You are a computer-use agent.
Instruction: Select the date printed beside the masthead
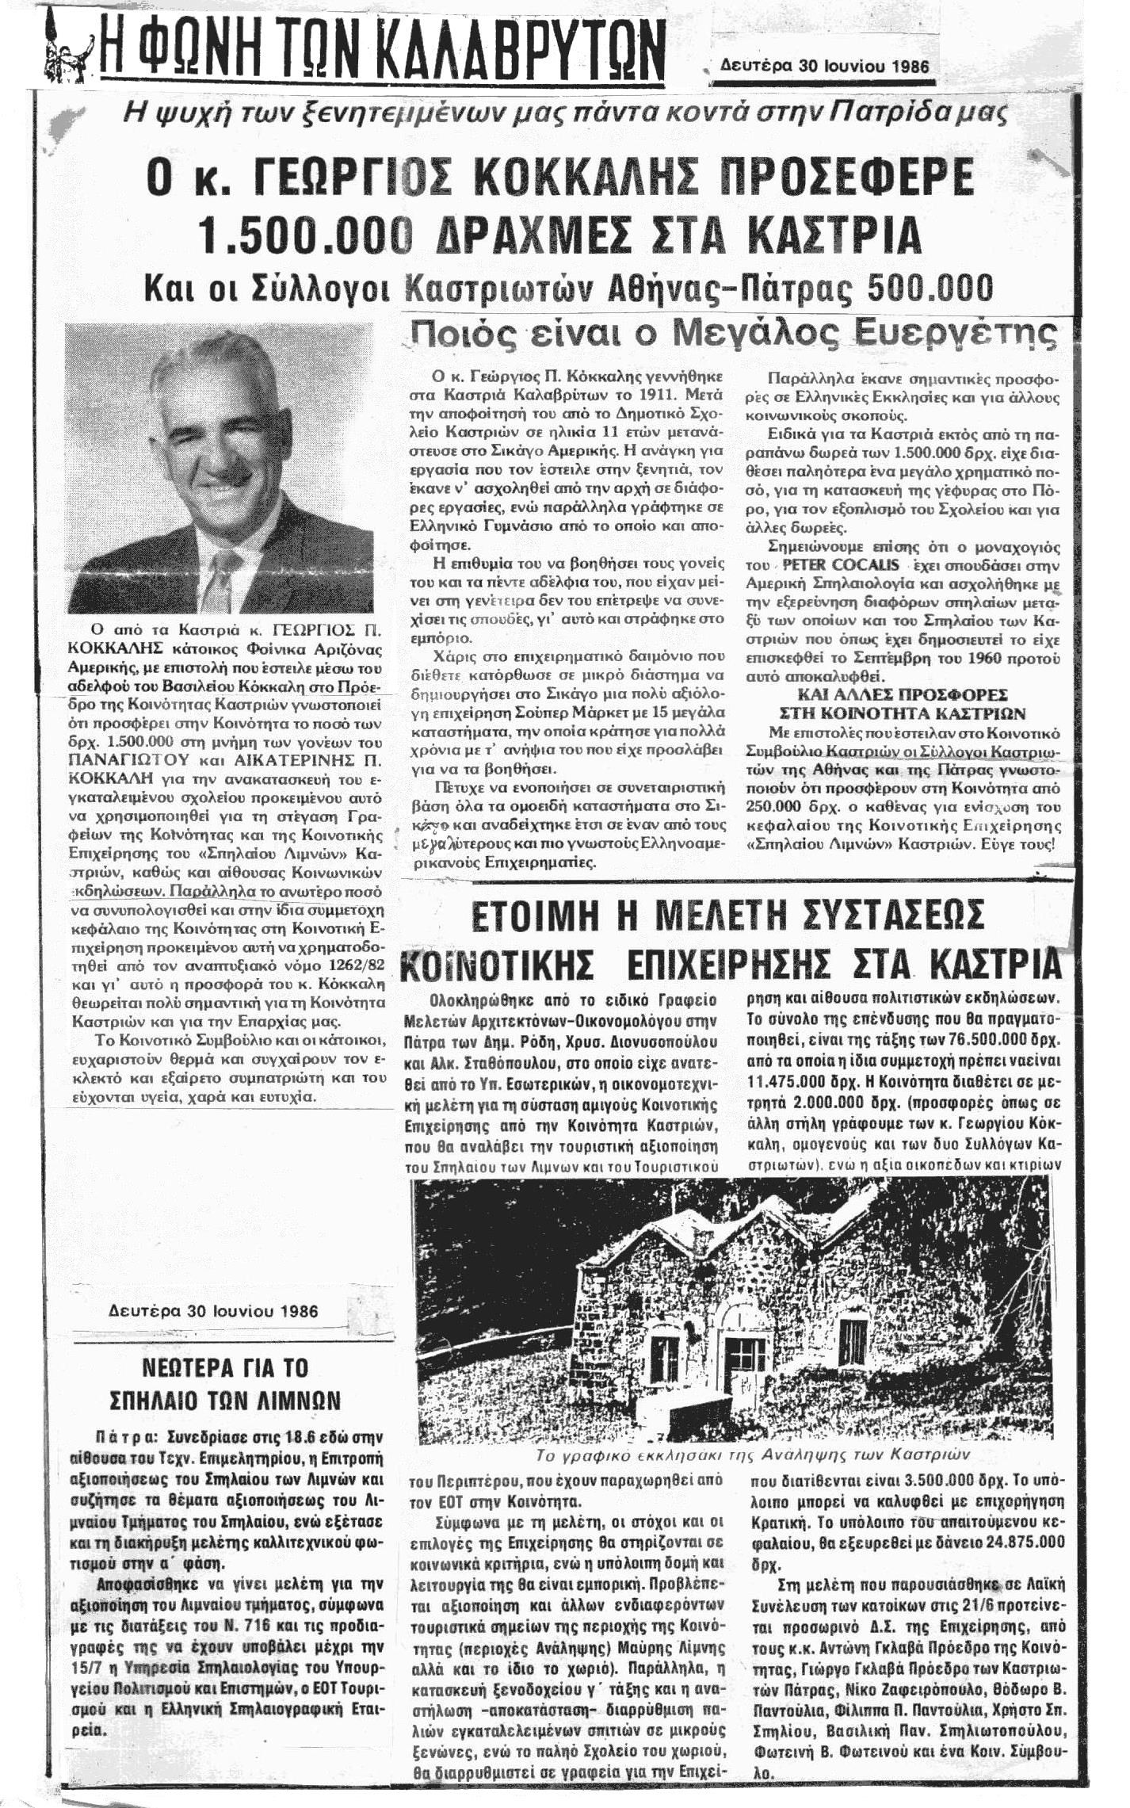coord(824,67)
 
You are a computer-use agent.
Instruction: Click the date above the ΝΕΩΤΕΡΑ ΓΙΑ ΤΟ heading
coord(214,1310)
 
